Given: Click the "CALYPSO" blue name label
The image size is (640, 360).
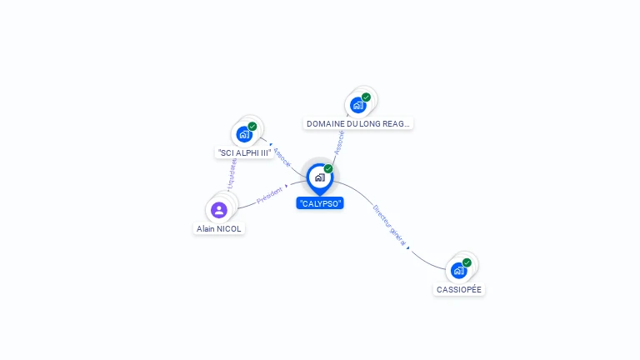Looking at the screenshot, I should (320, 202).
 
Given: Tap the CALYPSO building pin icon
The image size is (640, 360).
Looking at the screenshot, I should (319, 177).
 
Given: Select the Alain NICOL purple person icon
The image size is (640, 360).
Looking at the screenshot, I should (219, 209).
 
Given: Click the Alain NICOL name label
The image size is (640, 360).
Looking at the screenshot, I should (219, 228).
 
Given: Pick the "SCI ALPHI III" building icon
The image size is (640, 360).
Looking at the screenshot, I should (244, 134).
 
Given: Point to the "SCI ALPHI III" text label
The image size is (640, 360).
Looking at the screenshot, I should (244, 153).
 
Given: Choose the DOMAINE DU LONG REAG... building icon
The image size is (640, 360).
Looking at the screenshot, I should (358, 104).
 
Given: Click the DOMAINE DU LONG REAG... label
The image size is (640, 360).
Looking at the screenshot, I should (358, 123).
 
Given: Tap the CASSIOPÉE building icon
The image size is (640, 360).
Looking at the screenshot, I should (458, 270).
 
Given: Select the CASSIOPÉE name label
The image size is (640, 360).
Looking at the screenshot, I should (459, 289).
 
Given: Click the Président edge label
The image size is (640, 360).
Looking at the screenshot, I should (270, 196).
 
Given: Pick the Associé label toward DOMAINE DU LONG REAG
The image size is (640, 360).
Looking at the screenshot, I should (339, 142).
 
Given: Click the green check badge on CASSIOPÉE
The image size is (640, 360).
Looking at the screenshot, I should (467, 262).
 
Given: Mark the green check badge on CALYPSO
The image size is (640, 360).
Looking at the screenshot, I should (328, 169).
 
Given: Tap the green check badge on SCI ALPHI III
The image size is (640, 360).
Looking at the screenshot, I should (252, 127).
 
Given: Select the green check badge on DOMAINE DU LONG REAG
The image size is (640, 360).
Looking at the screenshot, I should (366, 97).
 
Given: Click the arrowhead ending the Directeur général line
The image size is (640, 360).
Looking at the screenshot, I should (408, 247).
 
